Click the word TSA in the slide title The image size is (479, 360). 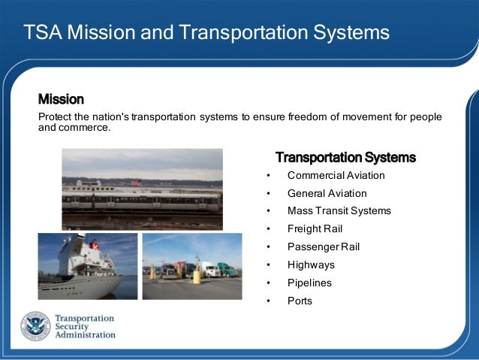click(41, 33)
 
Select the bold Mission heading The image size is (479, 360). click(61, 99)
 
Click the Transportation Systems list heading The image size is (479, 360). click(345, 158)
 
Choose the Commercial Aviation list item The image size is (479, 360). click(336, 175)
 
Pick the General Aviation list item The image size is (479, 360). click(327, 193)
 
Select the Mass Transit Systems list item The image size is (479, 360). click(339, 211)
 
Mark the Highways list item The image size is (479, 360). click(311, 265)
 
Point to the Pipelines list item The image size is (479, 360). click(309, 283)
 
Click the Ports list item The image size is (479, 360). click(300, 301)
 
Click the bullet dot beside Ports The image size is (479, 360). click(268, 301)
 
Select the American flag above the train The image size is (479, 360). click(136, 183)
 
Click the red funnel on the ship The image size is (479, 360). click(95, 244)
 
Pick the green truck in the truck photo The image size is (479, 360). click(226, 268)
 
